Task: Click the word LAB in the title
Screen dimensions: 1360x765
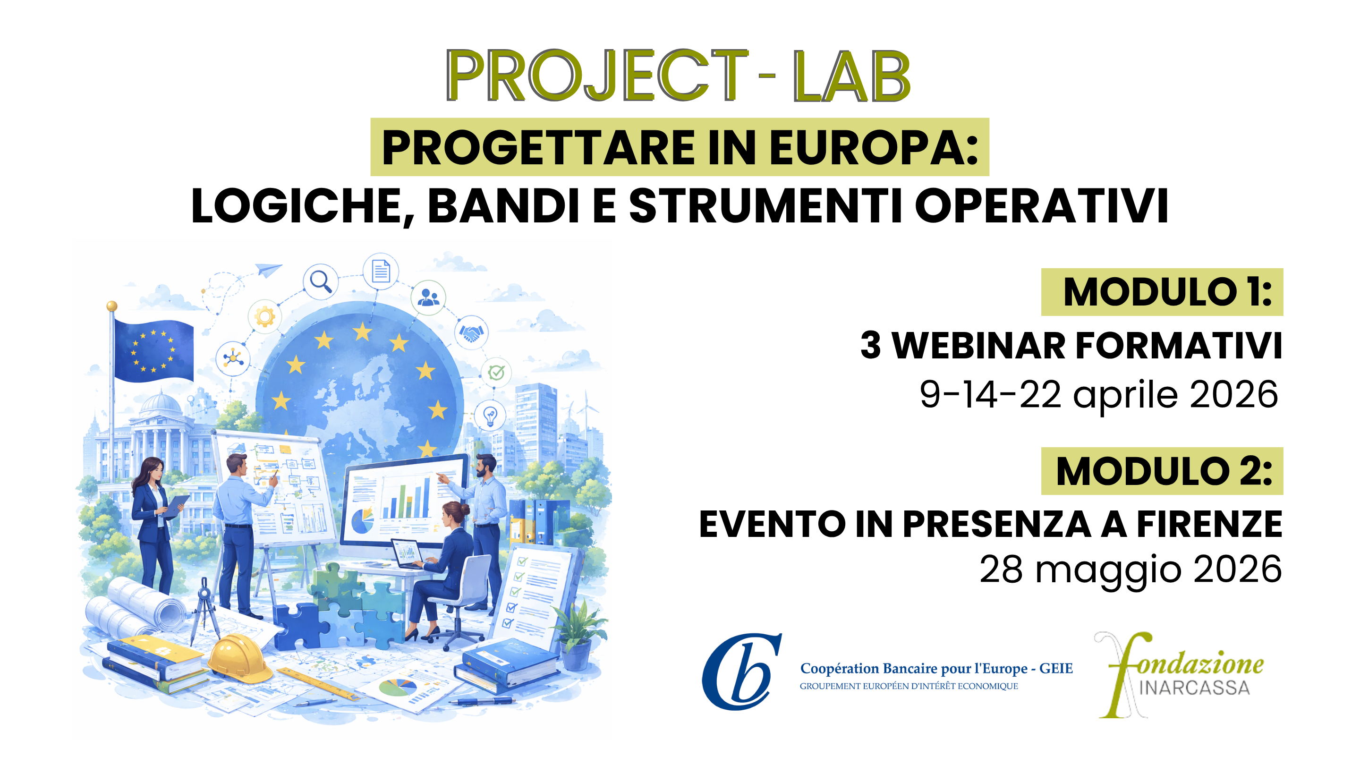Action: (x=851, y=76)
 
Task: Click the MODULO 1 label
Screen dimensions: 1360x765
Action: (x=1167, y=292)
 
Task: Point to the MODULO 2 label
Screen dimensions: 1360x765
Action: (x=1164, y=471)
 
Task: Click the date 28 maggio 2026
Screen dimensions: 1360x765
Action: (x=1130, y=570)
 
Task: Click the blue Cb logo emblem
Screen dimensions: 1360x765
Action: (x=741, y=671)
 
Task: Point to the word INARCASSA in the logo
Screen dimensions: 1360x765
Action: (x=1195, y=688)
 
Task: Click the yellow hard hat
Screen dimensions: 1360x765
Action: (x=239, y=657)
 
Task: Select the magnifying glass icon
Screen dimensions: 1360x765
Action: (x=321, y=280)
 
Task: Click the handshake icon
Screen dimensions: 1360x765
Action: (x=471, y=332)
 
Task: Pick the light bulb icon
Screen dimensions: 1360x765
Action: (x=491, y=416)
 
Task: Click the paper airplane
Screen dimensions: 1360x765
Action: (x=268, y=270)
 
